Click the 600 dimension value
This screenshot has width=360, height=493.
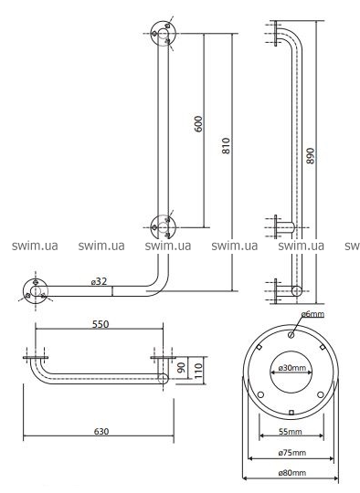pyautogui.click(x=198, y=124)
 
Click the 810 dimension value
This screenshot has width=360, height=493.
pyautogui.click(x=227, y=145)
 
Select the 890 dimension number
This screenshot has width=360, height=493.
pyautogui.click(x=311, y=155)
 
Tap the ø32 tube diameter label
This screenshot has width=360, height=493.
pyautogui.click(x=99, y=281)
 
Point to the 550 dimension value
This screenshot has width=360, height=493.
pyautogui.click(x=101, y=324)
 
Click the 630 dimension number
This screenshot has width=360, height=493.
pyautogui.click(x=101, y=431)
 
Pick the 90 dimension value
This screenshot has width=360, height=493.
pyautogui.click(x=182, y=367)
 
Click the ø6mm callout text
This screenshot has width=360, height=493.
pyautogui.click(x=312, y=313)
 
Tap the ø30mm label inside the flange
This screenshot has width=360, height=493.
pyautogui.click(x=291, y=368)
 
